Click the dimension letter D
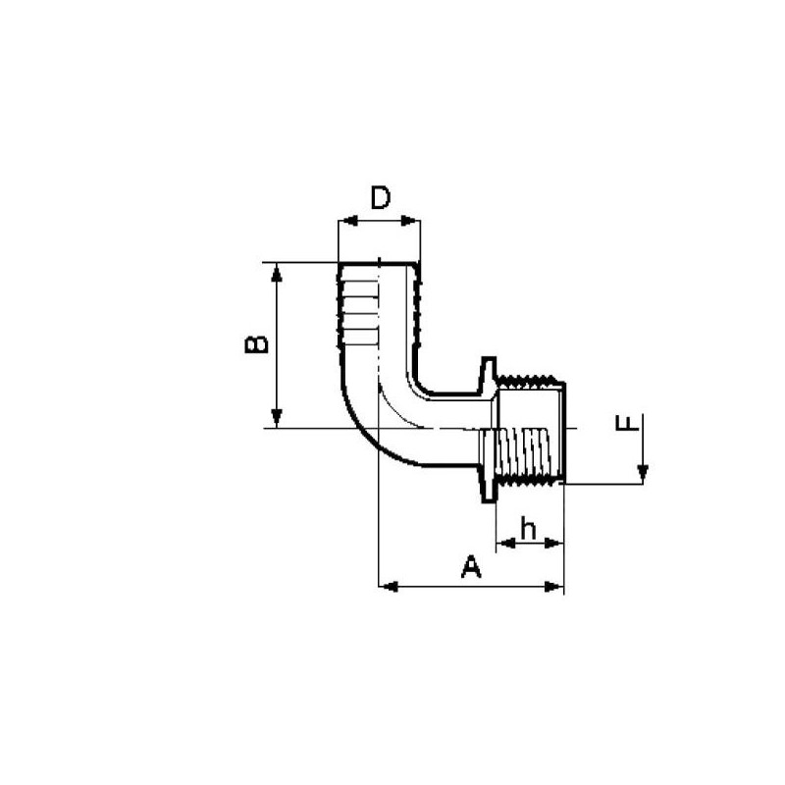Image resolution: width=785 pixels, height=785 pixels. click(380, 198)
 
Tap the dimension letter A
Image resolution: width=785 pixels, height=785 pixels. click(472, 566)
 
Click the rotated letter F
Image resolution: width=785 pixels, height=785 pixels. click(622, 424)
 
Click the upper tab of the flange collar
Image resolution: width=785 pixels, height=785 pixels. click(486, 371)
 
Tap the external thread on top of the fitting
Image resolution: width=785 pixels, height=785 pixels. click(530, 378)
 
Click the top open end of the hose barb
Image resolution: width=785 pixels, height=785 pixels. click(379, 263)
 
